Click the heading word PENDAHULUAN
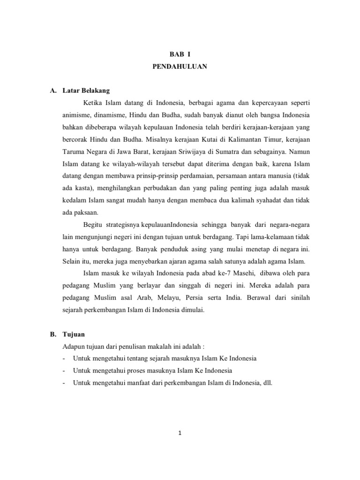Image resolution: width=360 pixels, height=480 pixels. point(180,67)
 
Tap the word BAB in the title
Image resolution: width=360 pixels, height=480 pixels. point(175,54)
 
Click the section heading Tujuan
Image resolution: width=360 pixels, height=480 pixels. point(73,334)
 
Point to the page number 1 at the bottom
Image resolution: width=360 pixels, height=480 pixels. point(180,433)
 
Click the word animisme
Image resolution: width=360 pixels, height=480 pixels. point(77,115)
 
